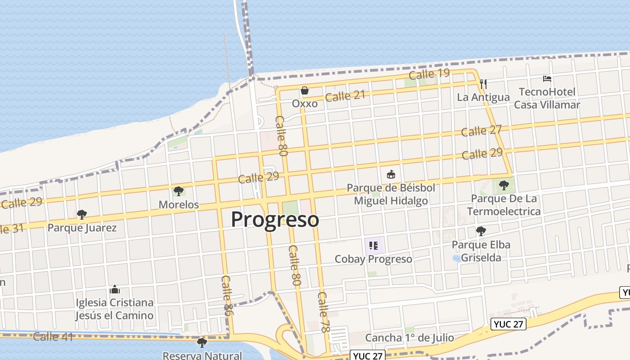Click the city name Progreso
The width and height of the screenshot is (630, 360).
(275, 220)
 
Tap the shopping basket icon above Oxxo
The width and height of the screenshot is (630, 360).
(305, 90)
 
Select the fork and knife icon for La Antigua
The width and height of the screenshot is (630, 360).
(484, 84)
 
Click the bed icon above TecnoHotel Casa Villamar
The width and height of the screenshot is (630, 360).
(547, 79)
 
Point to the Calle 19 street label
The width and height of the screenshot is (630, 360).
(429, 74)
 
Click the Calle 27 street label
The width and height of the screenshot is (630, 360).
(481, 131)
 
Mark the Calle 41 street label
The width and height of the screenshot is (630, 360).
(53, 336)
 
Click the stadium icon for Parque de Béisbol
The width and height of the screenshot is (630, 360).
(391, 174)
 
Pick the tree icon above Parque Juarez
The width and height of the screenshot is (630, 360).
(81, 214)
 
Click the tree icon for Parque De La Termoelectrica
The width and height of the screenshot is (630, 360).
(504, 185)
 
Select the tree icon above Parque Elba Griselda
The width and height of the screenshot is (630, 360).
(481, 231)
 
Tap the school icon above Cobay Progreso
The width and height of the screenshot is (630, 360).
(373, 246)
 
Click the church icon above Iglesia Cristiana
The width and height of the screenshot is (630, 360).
(114, 289)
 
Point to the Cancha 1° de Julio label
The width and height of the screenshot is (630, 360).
(409, 337)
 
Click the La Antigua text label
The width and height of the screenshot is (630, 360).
(483, 97)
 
